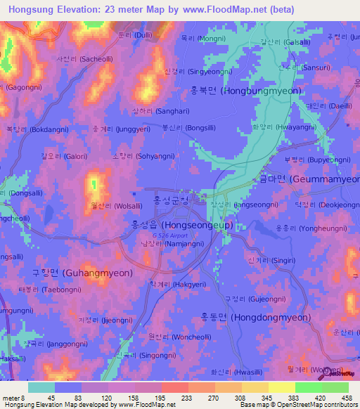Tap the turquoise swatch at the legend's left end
point(41,387)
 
